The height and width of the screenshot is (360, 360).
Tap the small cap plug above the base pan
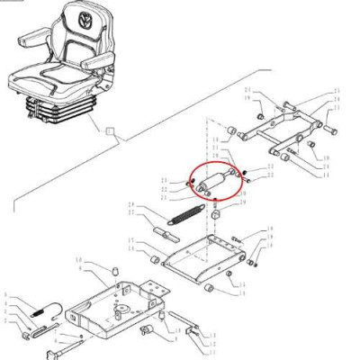click(x=114, y=269)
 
